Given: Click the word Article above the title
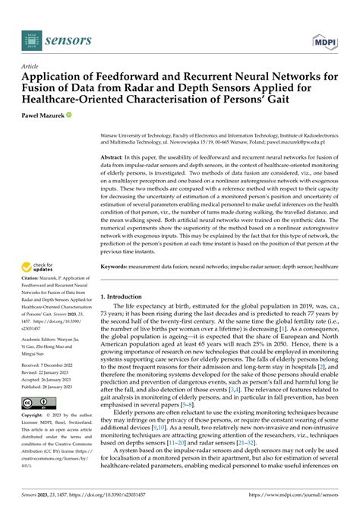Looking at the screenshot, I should (32, 66).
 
